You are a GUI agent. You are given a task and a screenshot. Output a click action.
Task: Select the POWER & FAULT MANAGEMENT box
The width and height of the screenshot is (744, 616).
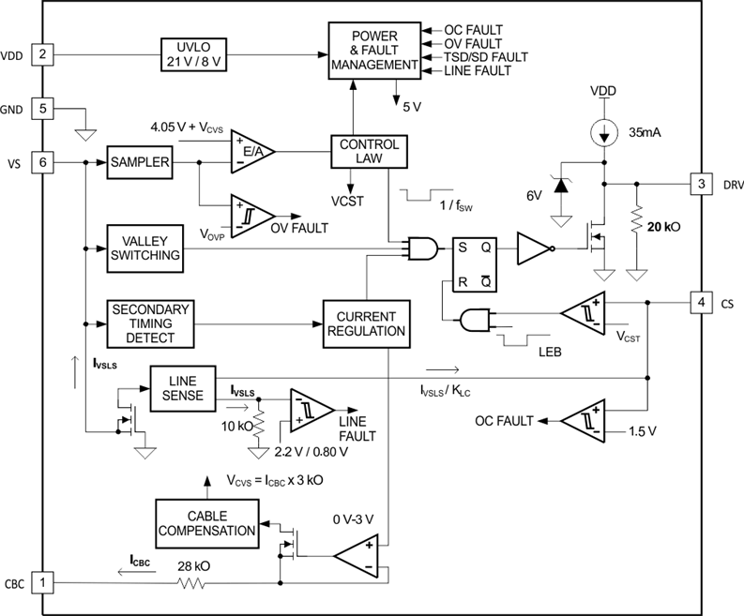(x=373, y=52)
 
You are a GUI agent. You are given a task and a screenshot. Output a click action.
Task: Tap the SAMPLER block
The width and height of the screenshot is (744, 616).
(x=140, y=162)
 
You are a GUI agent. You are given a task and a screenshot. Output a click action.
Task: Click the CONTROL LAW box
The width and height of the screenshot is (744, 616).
(x=369, y=152)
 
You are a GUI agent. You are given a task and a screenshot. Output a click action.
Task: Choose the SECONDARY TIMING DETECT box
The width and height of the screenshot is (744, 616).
(x=151, y=323)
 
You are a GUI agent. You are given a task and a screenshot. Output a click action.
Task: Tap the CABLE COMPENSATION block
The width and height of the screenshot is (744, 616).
(x=207, y=521)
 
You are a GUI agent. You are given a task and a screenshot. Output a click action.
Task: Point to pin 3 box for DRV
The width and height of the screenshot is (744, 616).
(x=699, y=184)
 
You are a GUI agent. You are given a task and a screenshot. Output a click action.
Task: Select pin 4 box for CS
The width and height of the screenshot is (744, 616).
(x=699, y=303)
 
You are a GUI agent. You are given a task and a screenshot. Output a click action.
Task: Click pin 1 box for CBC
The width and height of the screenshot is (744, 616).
(x=42, y=583)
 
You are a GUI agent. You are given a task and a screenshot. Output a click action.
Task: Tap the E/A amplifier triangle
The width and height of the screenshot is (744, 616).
(x=249, y=151)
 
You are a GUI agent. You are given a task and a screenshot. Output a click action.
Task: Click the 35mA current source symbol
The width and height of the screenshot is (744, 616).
(x=601, y=130)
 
